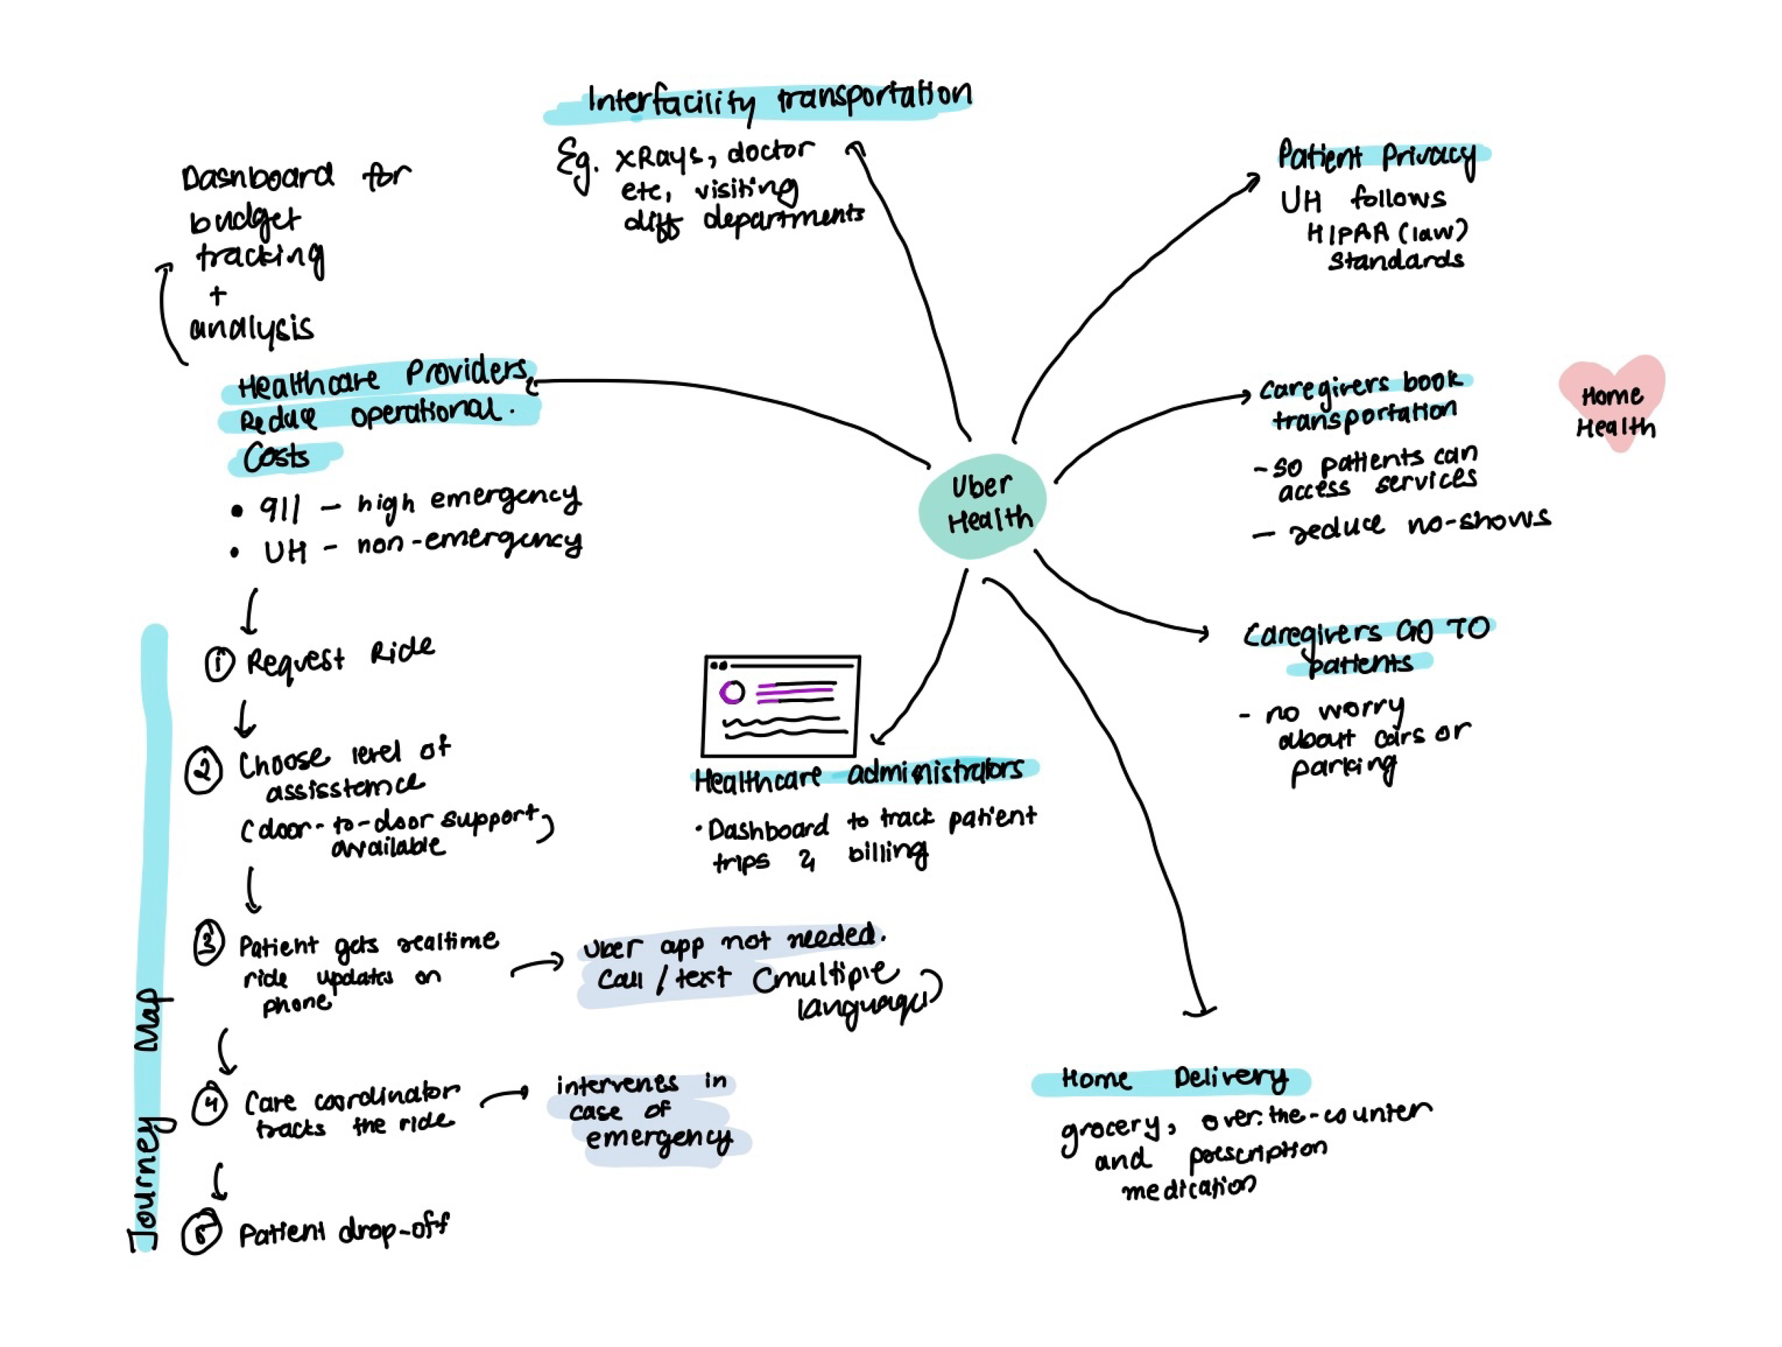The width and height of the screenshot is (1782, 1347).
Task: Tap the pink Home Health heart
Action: [x=1612, y=403]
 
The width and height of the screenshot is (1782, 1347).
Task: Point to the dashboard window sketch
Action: [x=781, y=706]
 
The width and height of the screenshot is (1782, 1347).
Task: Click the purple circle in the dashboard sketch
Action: [x=731, y=691]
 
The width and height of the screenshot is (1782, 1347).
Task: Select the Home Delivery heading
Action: [x=1172, y=1079]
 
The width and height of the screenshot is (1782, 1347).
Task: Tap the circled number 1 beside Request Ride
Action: [x=218, y=664]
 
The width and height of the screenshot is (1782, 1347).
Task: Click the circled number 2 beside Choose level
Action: [x=203, y=771]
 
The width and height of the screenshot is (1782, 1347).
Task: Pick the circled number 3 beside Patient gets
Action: [x=209, y=943]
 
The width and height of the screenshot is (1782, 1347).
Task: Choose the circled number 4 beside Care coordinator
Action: [x=210, y=1103]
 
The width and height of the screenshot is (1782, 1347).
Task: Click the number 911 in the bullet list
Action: [x=279, y=509]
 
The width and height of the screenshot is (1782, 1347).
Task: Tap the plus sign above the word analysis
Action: [x=217, y=295]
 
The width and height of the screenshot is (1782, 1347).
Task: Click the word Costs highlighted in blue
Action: [x=277, y=457]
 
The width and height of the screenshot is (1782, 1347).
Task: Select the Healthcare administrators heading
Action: [x=859, y=776]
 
